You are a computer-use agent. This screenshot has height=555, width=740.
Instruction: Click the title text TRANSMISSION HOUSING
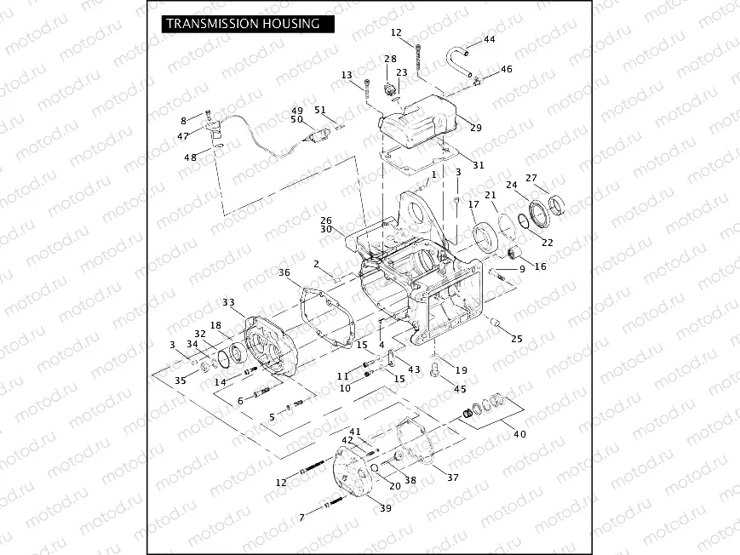(x=243, y=24)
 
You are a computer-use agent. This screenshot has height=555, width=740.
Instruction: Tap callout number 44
(x=489, y=40)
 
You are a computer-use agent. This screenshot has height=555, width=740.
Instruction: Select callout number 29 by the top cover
(x=475, y=128)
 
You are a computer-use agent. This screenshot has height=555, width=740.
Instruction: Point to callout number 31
(x=478, y=165)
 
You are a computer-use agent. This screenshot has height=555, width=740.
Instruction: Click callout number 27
(x=531, y=178)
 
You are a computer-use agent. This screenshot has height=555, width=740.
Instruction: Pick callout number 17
(x=473, y=204)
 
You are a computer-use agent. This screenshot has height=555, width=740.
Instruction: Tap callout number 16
(x=541, y=266)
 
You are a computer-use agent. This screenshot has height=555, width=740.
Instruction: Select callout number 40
(x=519, y=434)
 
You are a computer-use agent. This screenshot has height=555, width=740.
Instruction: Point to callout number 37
(x=452, y=478)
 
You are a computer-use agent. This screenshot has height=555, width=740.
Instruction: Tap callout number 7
(x=301, y=518)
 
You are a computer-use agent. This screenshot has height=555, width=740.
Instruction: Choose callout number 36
(x=284, y=272)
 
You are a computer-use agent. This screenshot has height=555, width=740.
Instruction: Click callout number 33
(x=228, y=303)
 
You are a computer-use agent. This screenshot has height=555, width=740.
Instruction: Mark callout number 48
(x=191, y=157)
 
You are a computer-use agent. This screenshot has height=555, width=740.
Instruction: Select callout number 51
(x=320, y=110)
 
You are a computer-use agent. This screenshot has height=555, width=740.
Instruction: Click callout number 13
(x=347, y=76)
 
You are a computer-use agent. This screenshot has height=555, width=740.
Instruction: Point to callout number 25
(x=517, y=339)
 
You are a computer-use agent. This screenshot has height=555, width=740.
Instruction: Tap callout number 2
(x=316, y=264)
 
